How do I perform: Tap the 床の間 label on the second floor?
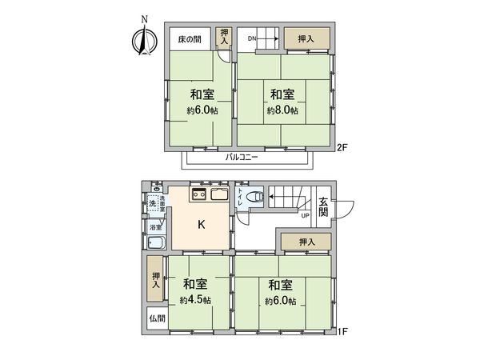189,38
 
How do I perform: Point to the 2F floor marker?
342,147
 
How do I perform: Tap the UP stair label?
305,214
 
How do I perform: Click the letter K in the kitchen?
202,225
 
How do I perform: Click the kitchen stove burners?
198,194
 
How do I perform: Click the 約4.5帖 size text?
195,300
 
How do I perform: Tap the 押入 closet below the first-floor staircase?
306,242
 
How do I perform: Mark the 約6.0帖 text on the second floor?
202,111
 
